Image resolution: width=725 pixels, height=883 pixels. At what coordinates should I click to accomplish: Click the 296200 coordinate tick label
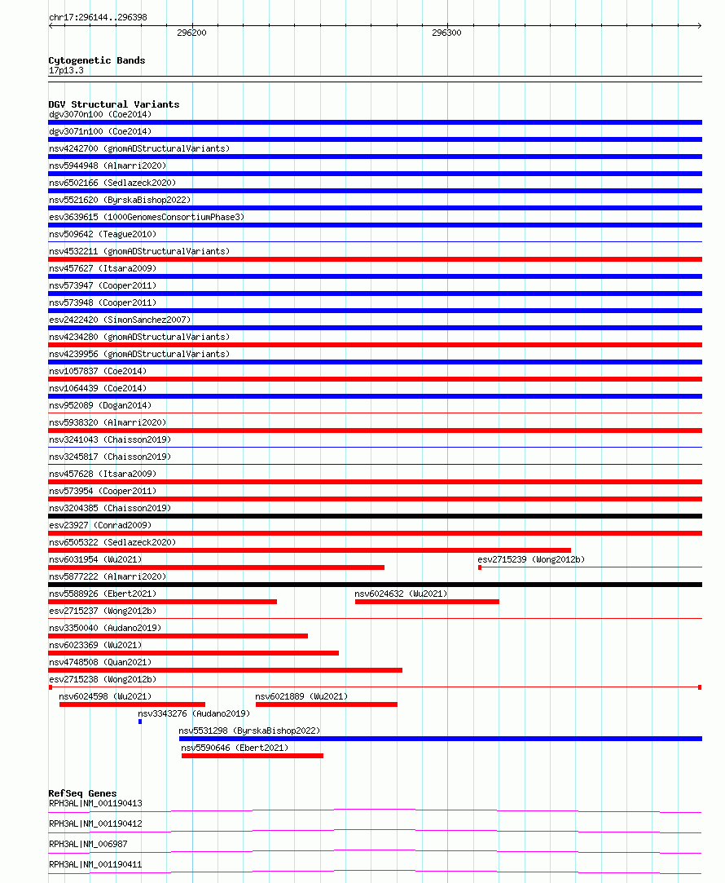(x=191, y=33)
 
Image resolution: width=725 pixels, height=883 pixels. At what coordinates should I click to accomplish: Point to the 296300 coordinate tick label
(x=446, y=33)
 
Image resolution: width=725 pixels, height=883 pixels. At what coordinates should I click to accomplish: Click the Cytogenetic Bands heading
(x=96, y=60)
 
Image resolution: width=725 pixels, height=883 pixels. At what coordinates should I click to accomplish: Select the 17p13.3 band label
(x=66, y=70)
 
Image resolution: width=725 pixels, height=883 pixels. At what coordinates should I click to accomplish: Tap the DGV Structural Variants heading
(x=113, y=104)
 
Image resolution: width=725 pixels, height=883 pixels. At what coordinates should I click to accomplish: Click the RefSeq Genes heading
(x=82, y=793)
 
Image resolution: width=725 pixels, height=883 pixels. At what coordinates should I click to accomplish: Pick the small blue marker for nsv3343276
(x=140, y=722)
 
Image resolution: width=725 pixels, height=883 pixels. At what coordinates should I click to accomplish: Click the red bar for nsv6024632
(x=427, y=602)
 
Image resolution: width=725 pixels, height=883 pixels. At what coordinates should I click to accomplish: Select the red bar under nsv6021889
(x=326, y=704)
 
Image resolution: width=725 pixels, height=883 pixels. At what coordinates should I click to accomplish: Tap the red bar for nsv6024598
(x=132, y=704)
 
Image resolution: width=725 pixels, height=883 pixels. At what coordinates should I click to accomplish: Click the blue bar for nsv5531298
(x=440, y=739)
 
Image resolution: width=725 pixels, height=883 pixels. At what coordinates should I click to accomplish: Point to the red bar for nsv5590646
(x=252, y=756)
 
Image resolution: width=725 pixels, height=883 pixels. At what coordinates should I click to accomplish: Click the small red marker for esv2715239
(x=480, y=567)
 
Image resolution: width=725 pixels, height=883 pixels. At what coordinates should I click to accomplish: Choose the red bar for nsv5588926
(x=162, y=602)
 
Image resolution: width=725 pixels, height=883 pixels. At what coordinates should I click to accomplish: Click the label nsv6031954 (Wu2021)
(x=95, y=559)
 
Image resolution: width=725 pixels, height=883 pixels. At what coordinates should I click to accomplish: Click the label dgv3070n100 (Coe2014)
(x=100, y=114)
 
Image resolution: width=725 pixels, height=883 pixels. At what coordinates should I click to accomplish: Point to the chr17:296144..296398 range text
(x=98, y=17)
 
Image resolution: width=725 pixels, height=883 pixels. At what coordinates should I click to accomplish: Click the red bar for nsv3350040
(x=178, y=636)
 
